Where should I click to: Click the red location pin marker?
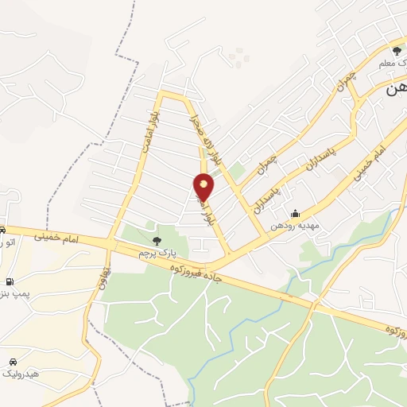click(204, 187)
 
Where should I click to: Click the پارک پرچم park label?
click(156, 252)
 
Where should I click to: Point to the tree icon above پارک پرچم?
click(156, 239)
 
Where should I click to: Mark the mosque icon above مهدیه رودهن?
click(295, 213)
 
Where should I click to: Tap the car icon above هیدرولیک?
click(12, 361)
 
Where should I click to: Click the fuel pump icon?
click(9, 281)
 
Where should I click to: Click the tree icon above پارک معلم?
click(397, 51)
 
